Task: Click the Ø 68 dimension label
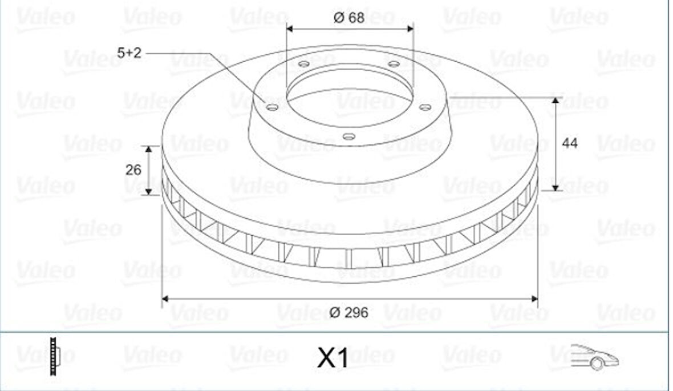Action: tap(349, 18)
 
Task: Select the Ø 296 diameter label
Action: tap(349, 312)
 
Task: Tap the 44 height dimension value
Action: tap(570, 143)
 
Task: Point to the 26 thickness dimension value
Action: tap(133, 170)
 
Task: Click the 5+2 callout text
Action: tap(129, 53)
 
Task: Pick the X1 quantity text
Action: tap(333, 358)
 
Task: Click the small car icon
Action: tap(595, 357)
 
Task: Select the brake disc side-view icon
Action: tap(54, 356)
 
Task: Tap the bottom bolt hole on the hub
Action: tap(349, 136)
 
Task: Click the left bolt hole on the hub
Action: tap(271, 107)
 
